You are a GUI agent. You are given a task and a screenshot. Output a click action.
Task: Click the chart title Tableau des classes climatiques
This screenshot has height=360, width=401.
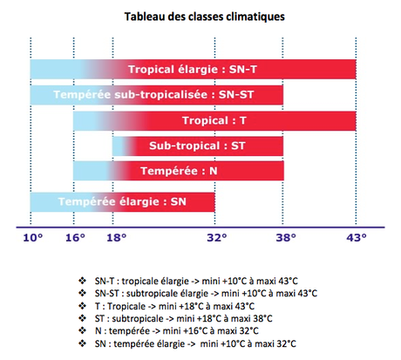[200, 17]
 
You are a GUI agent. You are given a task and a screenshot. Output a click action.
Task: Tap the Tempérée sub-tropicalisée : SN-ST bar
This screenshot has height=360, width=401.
[157, 94]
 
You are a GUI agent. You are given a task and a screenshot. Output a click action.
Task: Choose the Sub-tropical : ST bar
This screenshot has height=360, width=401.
[198, 146]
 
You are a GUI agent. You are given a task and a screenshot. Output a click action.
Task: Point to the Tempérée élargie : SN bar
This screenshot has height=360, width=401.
[122, 202]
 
